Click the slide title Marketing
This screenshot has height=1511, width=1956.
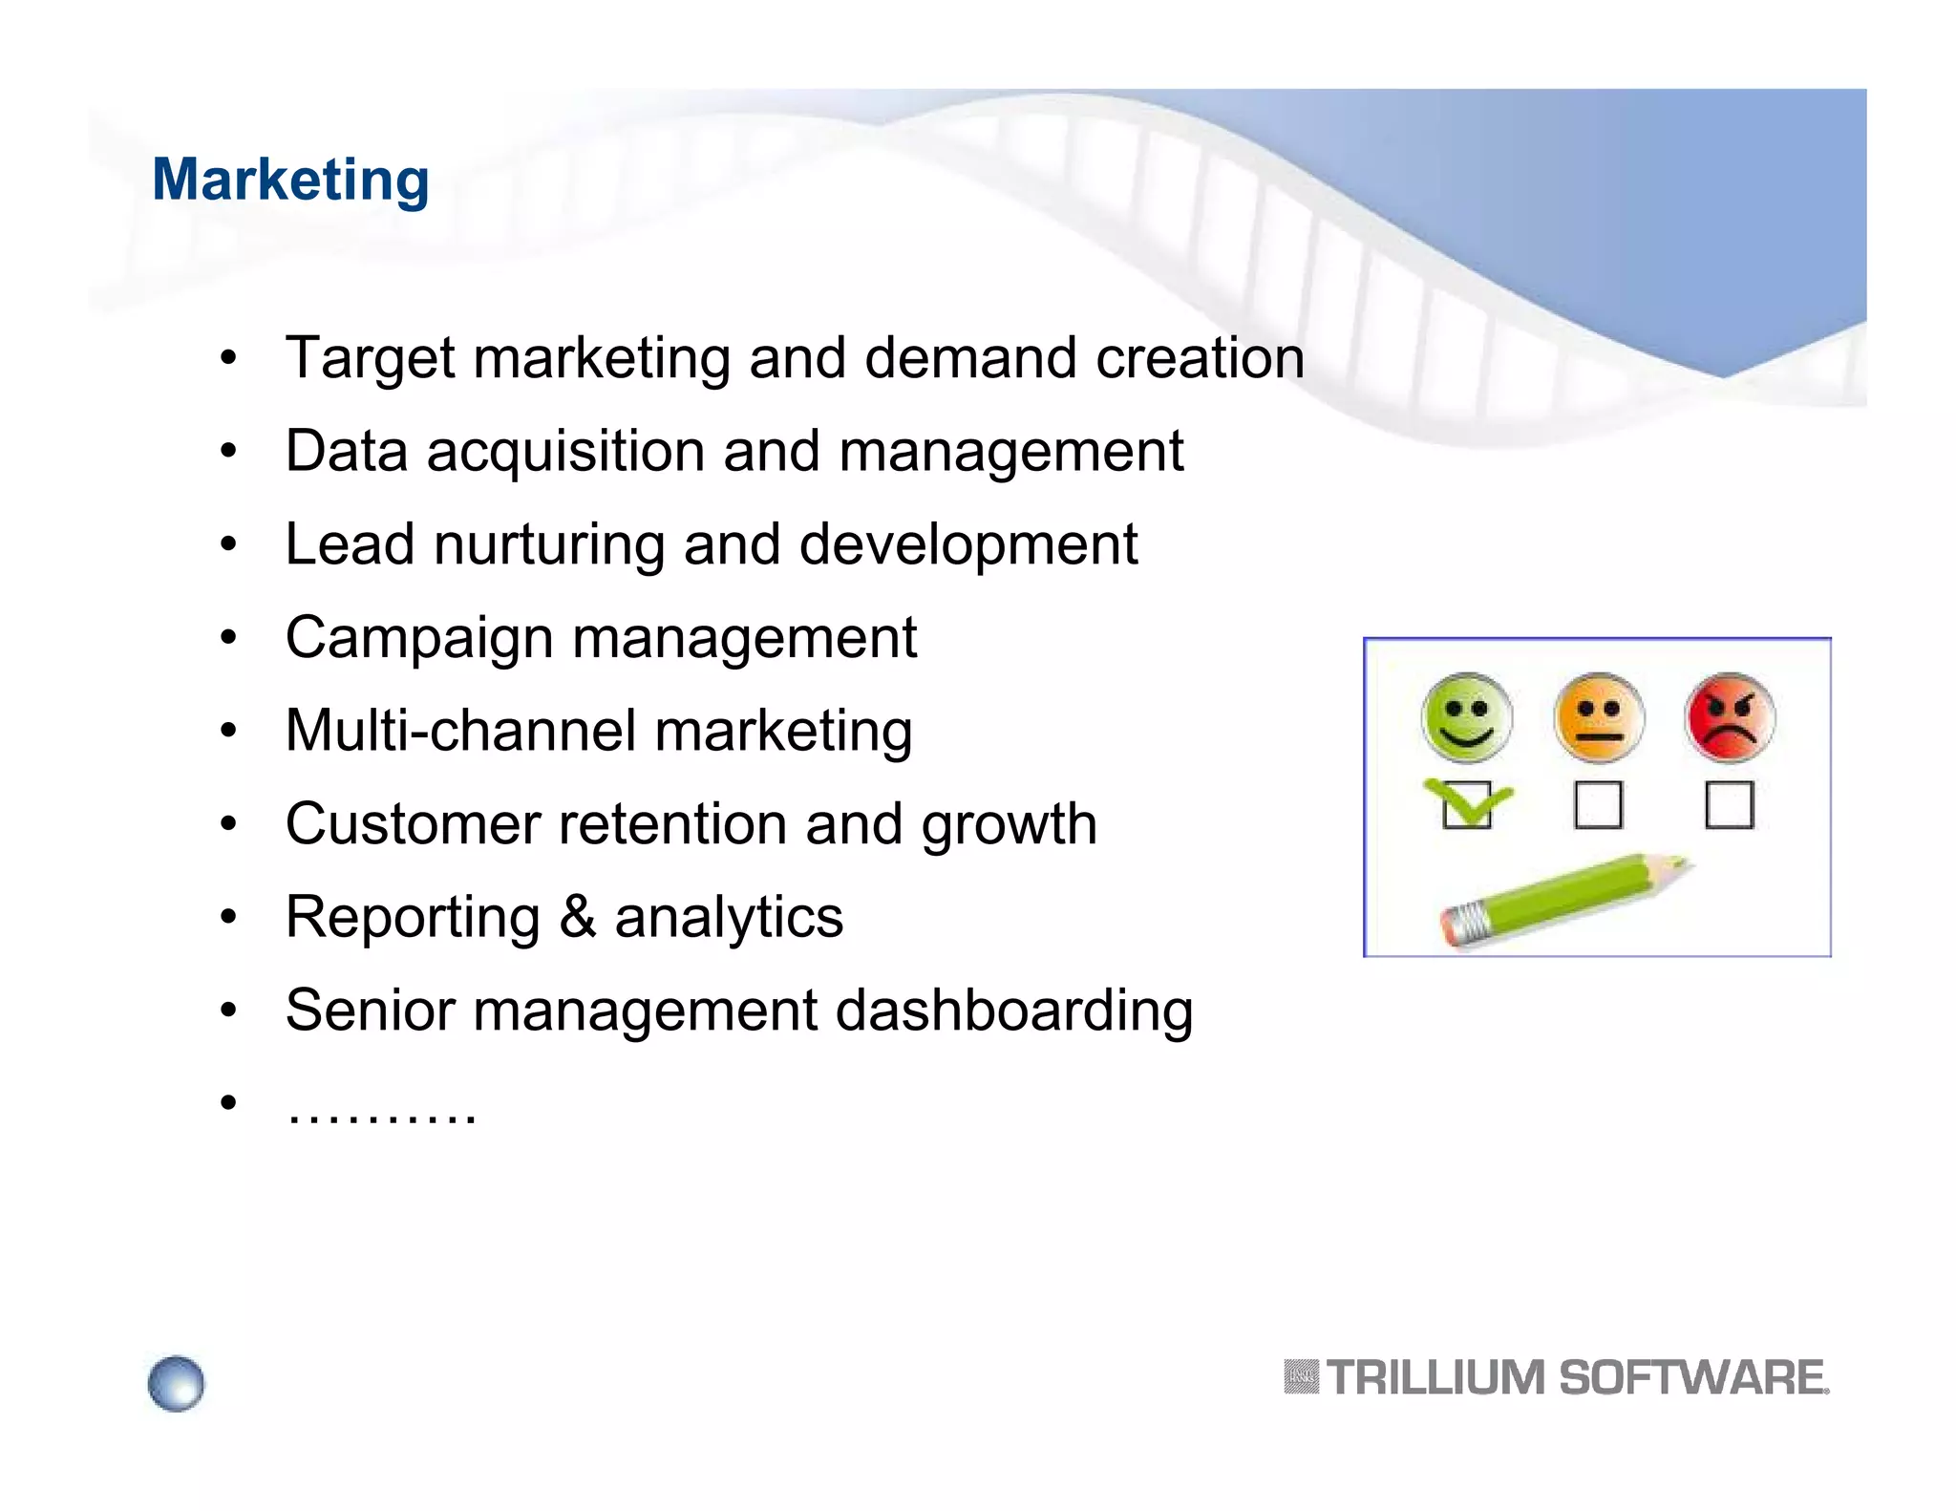point(290,180)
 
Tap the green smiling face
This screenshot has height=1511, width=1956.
point(1466,717)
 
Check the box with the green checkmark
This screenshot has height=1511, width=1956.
point(1466,805)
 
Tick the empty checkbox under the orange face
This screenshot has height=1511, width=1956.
point(1598,805)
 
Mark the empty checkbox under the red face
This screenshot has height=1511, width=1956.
point(1729,805)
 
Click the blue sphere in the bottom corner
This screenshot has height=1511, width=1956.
point(176,1382)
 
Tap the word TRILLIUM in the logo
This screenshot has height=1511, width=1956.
point(1435,1377)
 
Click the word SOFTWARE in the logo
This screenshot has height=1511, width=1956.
point(1691,1377)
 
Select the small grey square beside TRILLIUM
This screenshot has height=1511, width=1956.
point(1301,1376)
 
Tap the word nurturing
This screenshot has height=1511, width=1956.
point(548,544)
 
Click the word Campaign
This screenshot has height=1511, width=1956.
point(418,638)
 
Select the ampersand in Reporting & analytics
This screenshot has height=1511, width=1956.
point(577,917)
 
